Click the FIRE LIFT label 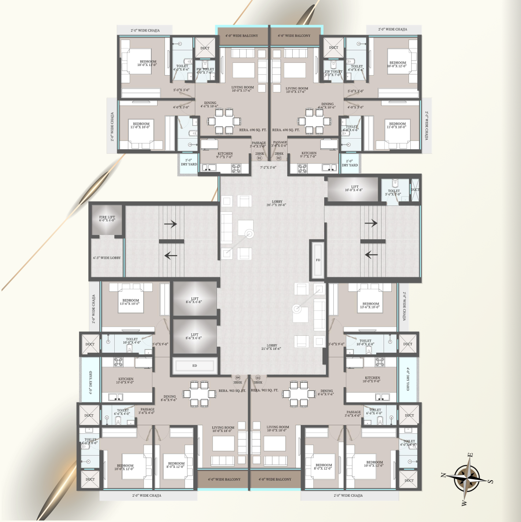click(107, 218)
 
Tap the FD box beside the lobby click(318, 260)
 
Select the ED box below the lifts click(195, 365)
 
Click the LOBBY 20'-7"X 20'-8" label click(277, 203)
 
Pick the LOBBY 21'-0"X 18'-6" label click(271, 347)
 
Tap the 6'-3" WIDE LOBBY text click(107, 258)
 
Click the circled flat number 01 click(259, 158)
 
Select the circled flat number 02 click(279, 158)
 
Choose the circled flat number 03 click(258, 378)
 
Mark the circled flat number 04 click(238, 378)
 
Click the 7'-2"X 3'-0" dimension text click(268, 168)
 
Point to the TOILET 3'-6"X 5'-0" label click(393, 192)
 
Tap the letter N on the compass click(443, 475)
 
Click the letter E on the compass click(470, 455)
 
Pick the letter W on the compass click(464, 503)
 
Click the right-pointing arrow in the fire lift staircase click(170, 224)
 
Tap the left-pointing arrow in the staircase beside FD click(371, 254)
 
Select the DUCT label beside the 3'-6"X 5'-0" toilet click(415, 190)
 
